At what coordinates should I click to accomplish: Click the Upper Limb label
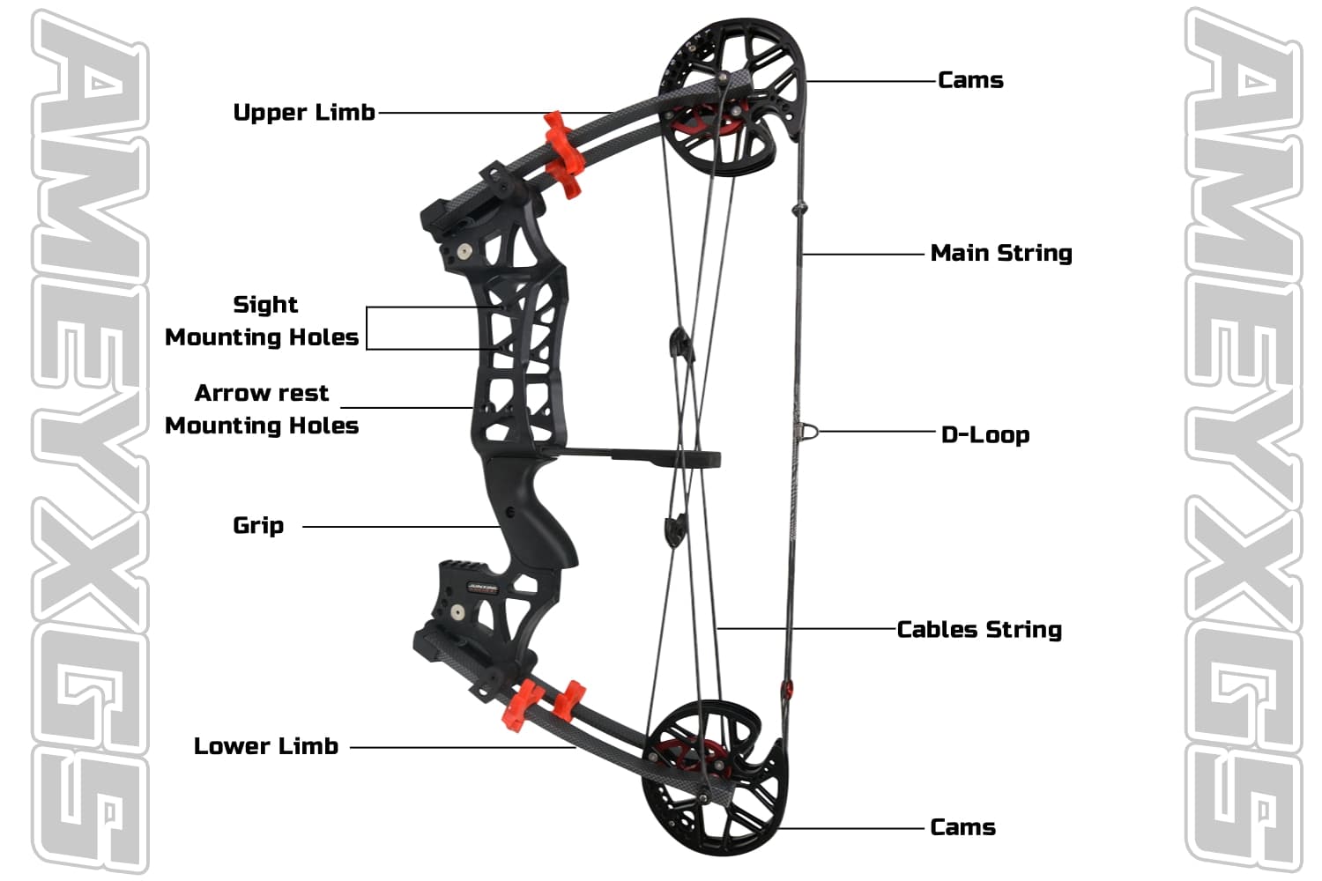[304, 113]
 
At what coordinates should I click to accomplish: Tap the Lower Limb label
[266, 746]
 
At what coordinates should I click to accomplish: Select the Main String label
[1001, 254]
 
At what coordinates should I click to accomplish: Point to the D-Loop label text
[985, 434]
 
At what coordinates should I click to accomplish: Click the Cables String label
[979, 630]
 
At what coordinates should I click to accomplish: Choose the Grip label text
[258, 526]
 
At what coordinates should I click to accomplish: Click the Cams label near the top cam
[970, 80]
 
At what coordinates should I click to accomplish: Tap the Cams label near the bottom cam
[962, 827]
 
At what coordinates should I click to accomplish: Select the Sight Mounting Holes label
[262, 322]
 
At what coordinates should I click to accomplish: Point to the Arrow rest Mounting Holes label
[262, 410]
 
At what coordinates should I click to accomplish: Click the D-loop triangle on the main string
[806, 431]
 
